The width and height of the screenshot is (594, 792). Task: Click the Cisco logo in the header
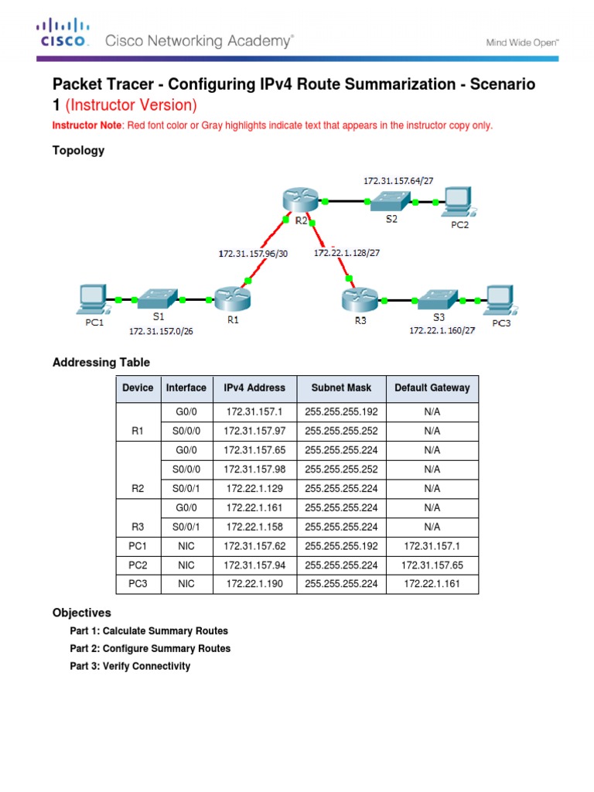coord(63,35)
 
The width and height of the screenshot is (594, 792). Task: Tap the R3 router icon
coord(357,298)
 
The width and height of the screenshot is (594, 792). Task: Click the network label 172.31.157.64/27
coord(398,180)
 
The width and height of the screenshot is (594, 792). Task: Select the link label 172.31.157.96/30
coord(252,253)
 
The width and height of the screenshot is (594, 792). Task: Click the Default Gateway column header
coord(432,388)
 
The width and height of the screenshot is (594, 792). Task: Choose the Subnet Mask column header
coord(341,388)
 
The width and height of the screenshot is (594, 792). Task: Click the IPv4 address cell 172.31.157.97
coord(254,431)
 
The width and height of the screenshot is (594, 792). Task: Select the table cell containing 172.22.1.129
coord(254,489)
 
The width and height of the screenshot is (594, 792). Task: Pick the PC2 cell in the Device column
coord(138,565)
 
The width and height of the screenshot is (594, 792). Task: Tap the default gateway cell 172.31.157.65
coord(432,565)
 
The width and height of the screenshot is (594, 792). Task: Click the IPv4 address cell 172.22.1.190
coord(254,584)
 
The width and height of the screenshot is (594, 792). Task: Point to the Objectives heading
coord(82,613)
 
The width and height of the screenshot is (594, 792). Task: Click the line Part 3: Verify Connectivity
coord(130,666)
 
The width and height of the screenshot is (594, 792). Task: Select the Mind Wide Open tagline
coord(522,43)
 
